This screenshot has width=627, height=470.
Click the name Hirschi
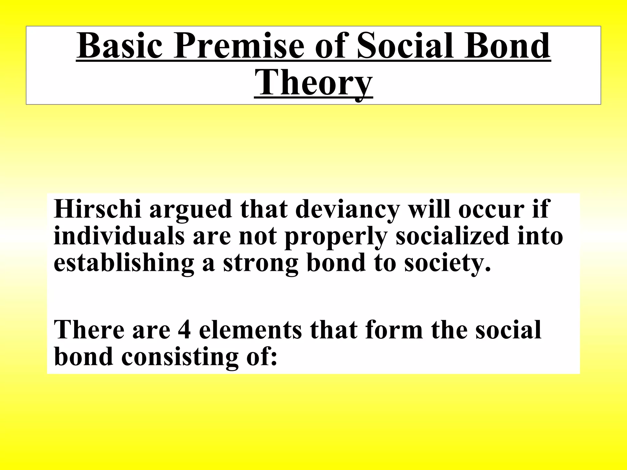point(98,209)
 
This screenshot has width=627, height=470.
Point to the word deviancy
point(347,210)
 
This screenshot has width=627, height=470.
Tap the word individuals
point(119,236)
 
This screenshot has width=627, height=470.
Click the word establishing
point(124,263)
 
